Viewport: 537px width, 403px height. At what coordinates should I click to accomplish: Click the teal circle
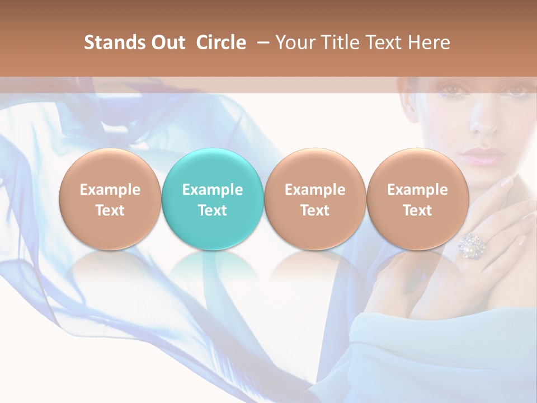pos(213,168)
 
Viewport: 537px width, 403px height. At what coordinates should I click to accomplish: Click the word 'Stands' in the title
pos(115,43)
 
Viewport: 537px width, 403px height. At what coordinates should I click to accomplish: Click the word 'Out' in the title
pos(168,43)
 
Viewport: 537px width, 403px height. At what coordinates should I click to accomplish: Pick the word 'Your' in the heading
pos(295,43)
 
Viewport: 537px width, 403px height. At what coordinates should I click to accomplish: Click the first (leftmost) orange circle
pos(110,168)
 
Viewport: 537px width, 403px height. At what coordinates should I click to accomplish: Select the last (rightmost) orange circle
pos(417,168)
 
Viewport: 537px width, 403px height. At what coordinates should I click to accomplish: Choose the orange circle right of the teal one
pos(315,168)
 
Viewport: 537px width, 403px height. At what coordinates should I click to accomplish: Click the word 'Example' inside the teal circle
pos(213,190)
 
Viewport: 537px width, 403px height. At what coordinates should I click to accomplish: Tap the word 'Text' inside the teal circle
pos(213,210)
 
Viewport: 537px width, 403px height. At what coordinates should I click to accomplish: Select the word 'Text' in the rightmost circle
pos(417,210)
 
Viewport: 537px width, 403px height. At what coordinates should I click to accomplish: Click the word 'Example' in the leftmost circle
pos(110,190)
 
